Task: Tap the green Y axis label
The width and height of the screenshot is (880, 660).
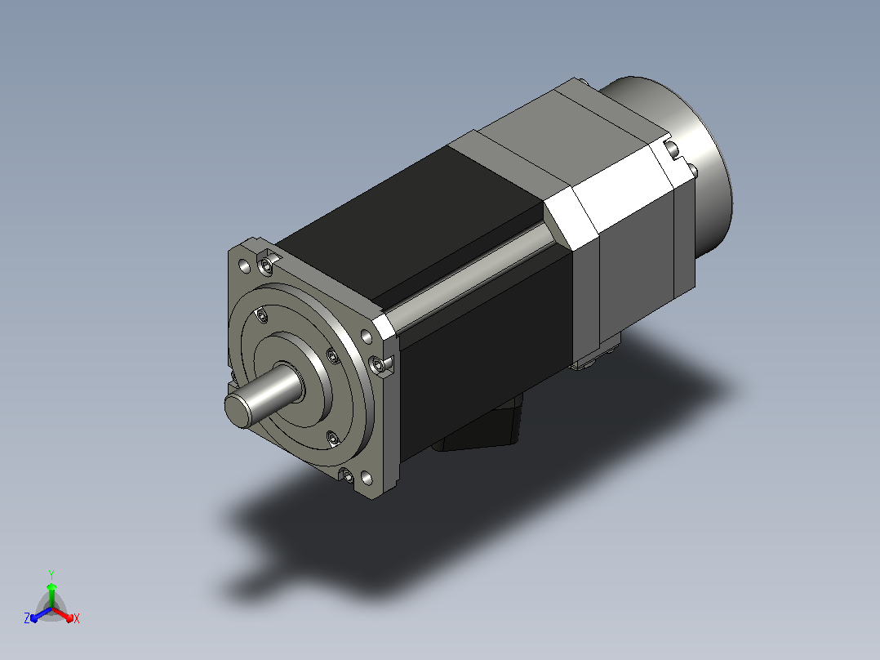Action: tap(51, 574)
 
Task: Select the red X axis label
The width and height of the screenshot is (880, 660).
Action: tap(77, 618)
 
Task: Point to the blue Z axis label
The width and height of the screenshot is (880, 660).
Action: tap(27, 618)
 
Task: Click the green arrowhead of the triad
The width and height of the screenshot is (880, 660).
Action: tap(51, 587)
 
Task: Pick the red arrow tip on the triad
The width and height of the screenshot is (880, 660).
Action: tap(69, 618)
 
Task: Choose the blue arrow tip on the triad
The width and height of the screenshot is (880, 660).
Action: tap(34, 618)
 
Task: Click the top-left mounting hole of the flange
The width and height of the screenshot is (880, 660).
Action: tap(244, 265)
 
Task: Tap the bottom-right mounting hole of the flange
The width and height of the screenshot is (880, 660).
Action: tap(367, 479)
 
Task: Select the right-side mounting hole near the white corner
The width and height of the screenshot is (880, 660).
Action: tap(366, 337)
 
